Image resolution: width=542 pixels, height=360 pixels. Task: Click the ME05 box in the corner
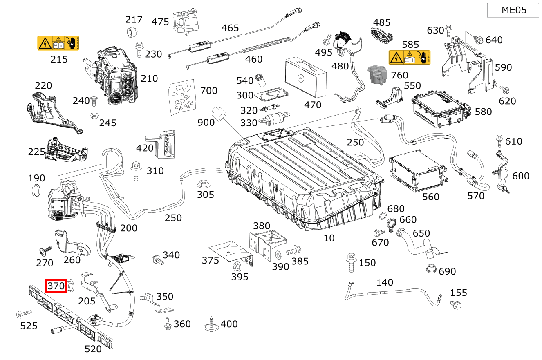[x=513, y=10]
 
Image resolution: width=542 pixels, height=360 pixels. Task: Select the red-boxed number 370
[x=56, y=286]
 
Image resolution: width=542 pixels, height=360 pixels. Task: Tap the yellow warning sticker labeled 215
[x=58, y=43]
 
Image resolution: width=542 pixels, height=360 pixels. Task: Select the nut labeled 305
[x=202, y=183]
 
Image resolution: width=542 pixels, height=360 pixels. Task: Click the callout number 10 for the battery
[x=329, y=238]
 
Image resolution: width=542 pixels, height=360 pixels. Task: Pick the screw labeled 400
[x=211, y=324]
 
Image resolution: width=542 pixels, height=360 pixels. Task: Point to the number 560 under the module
[x=430, y=197]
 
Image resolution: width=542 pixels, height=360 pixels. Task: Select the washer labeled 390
[x=278, y=255]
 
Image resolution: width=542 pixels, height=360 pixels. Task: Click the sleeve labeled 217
[x=132, y=31]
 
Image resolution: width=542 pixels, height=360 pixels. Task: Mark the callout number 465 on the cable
[x=230, y=28]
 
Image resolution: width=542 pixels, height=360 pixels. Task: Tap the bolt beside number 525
[x=22, y=314]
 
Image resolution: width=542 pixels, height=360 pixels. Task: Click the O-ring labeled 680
[x=384, y=216]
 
